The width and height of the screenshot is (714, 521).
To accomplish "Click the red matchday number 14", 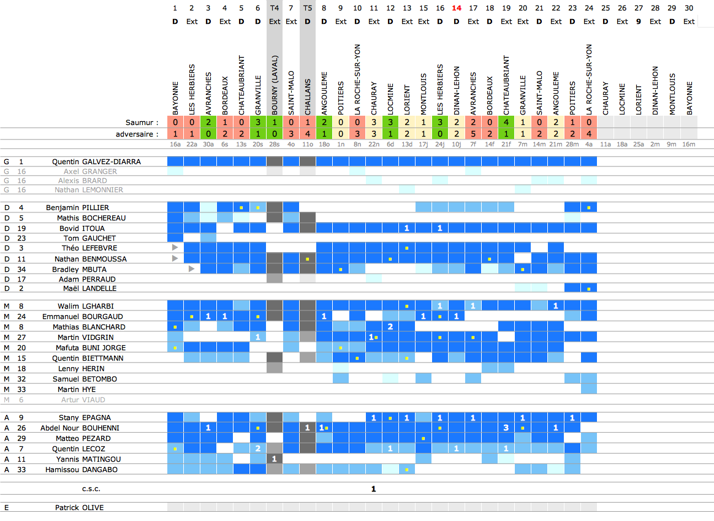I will pos(457,8).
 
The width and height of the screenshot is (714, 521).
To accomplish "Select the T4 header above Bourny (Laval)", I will pos(275,8).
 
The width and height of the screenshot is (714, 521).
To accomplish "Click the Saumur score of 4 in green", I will pos(506,122).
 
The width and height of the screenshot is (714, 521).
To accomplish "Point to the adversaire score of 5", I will pos(473,133).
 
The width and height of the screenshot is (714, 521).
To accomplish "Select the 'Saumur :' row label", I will pos(142,122).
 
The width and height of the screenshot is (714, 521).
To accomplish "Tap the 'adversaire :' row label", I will pos(137,133).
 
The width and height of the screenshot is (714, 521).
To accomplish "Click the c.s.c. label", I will pos(91,489).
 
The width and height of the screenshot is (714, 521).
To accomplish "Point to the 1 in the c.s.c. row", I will pos(373,489).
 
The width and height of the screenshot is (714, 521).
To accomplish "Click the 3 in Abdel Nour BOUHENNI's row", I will pos(506,427).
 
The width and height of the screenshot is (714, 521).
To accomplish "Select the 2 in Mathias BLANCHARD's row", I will pos(390,326).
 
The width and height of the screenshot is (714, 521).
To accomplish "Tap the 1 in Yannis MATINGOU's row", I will pos(274,459).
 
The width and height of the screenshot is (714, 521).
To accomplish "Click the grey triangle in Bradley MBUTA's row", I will pos(192,269).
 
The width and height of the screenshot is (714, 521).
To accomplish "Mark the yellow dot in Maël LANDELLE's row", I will pos(589,288).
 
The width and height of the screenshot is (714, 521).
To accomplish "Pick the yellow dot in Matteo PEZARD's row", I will pos(423,438).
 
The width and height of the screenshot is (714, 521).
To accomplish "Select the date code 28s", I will pos(274,144).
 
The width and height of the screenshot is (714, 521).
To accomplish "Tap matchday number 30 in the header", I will pos(689,8).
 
